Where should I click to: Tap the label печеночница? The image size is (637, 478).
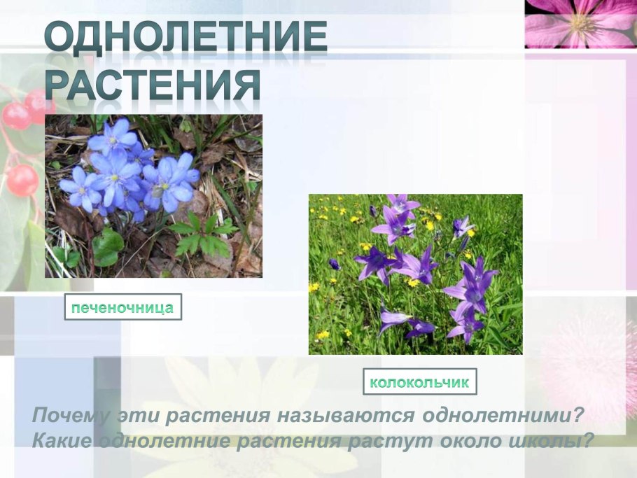[x=122, y=307]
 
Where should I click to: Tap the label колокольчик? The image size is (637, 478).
[x=419, y=382]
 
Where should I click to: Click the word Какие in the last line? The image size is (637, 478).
[x=62, y=442]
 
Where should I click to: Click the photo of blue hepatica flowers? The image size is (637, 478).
[x=153, y=196]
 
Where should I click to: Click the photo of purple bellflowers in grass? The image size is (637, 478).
[x=415, y=274]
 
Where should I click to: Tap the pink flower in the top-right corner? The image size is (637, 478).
[x=580, y=23]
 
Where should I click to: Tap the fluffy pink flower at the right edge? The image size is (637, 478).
[x=595, y=364]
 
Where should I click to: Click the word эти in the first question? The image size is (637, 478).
[x=140, y=416]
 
